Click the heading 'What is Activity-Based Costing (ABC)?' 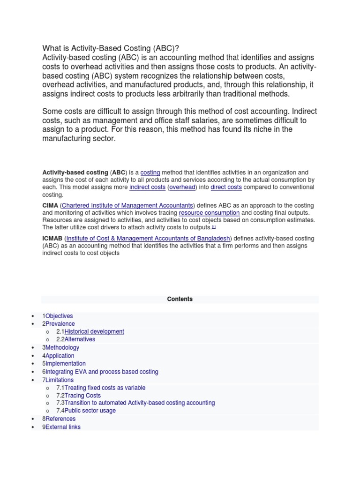pos(111,48)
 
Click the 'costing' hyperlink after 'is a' pos(150,172)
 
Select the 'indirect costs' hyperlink pos(147,187)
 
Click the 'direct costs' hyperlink pos(226,187)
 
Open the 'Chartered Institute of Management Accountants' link pos(127,205)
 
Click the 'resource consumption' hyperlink pos(209,212)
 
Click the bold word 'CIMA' pos(50,205)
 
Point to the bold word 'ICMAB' pos(52,238)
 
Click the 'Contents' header pos(180,299)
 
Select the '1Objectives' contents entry pos(58,316)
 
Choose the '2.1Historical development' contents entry pos(90,331)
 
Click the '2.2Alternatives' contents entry pos(75,339)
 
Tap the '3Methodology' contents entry pos(60,347)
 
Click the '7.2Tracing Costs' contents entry pos(78,395)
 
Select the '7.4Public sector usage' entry pos(86,411)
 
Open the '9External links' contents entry pos(61,427)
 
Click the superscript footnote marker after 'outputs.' pos(214,226)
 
